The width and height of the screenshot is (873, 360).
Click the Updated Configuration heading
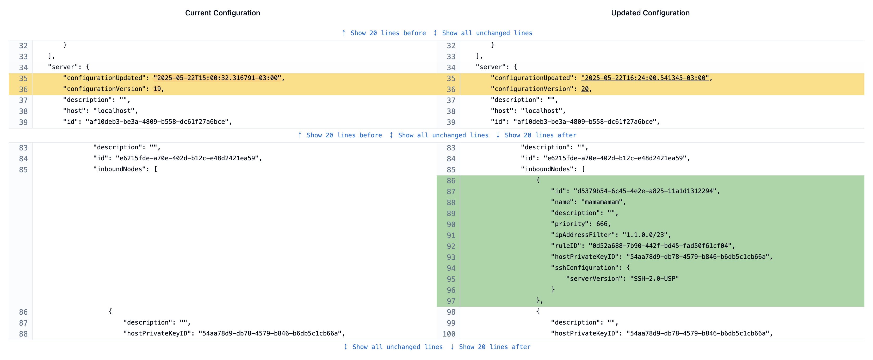click(650, 13)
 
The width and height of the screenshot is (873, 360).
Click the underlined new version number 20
click(585, 89)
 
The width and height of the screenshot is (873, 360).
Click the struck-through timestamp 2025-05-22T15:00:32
click(217, 78)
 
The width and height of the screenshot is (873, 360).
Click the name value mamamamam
click(603, 202)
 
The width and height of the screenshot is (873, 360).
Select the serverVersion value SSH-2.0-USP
click(654, 279)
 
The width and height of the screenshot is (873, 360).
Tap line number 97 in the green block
click(451, 301)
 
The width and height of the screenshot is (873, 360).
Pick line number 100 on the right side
click(449, 334)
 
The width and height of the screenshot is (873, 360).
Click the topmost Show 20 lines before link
click(388, 33)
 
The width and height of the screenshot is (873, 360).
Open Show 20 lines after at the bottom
click(494, 347)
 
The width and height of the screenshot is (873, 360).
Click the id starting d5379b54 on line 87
click(645, 191)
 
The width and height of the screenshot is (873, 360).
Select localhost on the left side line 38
click(114, 111)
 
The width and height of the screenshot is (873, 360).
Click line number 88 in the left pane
click(23, 334)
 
